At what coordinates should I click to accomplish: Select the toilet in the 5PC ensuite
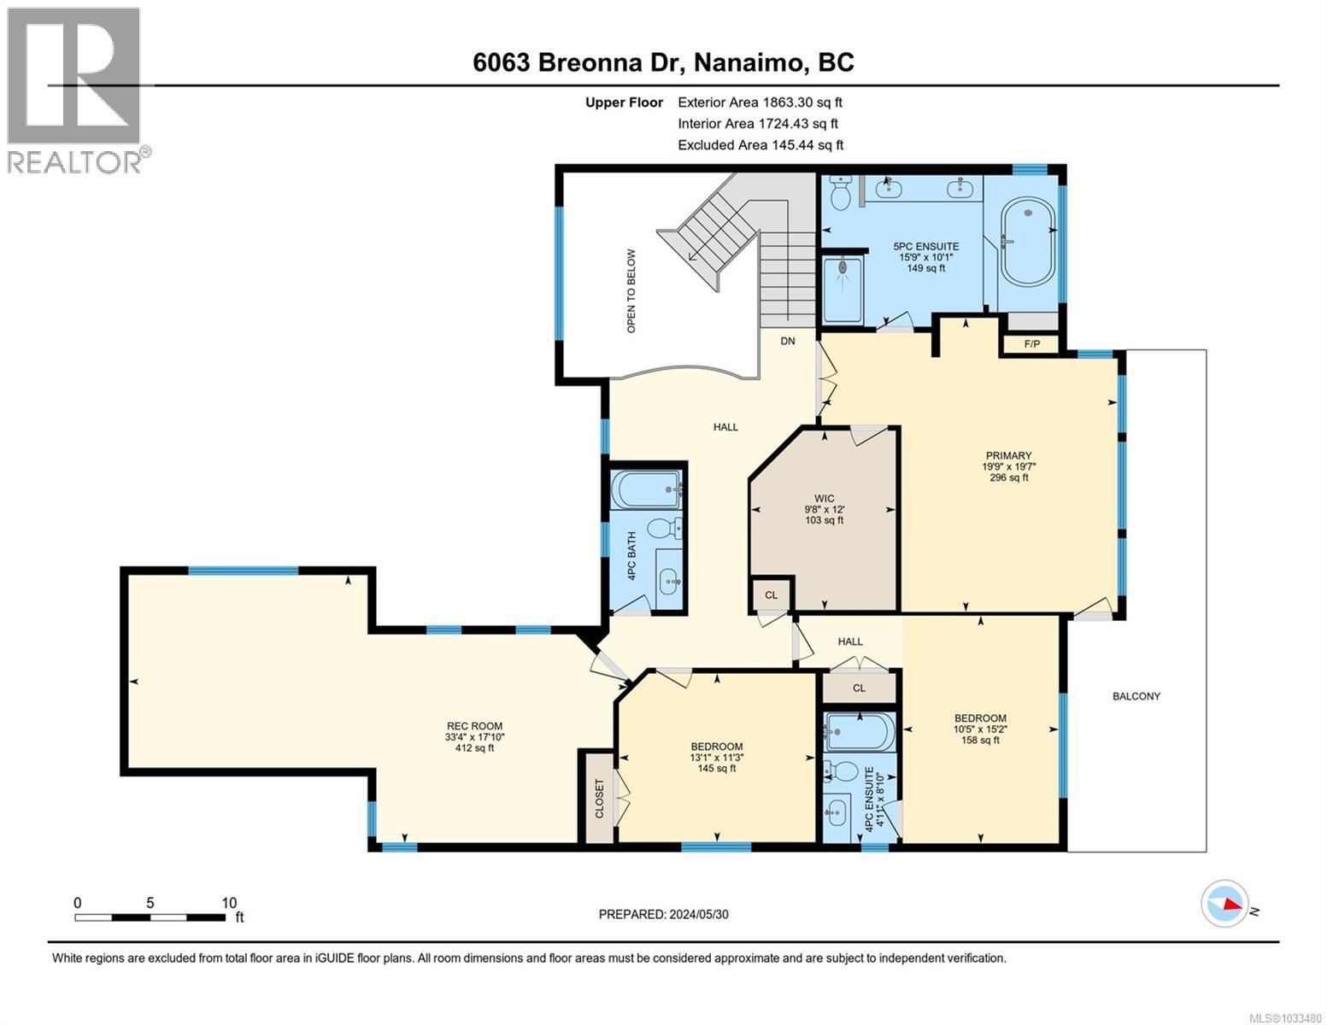840,194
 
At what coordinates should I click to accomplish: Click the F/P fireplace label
1031,344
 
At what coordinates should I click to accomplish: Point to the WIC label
824,498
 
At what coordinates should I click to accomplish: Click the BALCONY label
1136,696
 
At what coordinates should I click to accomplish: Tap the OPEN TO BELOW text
631,290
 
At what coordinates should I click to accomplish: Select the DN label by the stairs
787,341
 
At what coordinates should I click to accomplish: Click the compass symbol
1224,902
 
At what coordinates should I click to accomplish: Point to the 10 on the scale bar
228,903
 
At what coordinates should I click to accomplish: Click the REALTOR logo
74,90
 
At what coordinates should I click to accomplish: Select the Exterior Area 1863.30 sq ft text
760,102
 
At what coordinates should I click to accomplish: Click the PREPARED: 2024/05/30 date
663,914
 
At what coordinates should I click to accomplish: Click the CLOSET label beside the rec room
599,798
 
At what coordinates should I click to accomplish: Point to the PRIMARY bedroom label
1008,455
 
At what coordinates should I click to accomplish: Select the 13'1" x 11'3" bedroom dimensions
716,757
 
